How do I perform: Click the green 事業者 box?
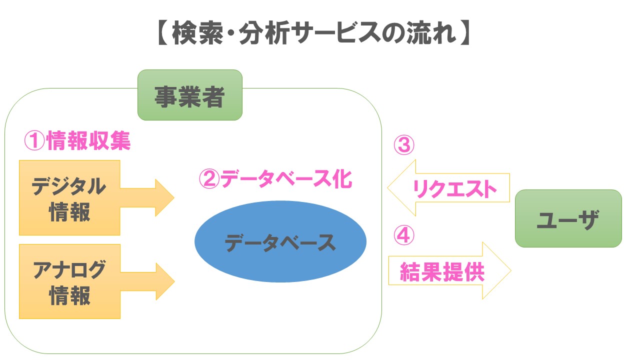coord(189,95)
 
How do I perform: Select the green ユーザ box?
coord(568,218)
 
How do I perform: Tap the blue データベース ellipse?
coord(280,242)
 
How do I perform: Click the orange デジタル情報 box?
coord(69,197)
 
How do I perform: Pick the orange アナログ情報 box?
coord(69,281)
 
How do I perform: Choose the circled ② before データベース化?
coord(209,179)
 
